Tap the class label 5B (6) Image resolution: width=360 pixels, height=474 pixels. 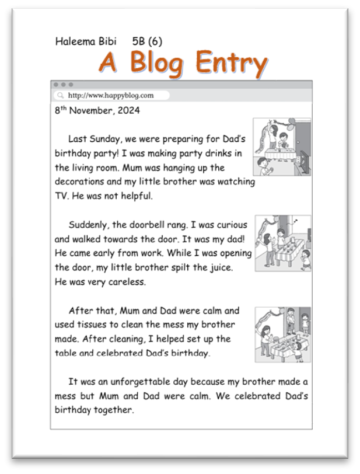147,41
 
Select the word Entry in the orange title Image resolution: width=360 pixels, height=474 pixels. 231,62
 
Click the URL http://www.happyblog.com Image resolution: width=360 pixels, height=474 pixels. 111,95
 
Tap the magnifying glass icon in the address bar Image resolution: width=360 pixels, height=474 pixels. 60,95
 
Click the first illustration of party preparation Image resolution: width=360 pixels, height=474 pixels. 281,147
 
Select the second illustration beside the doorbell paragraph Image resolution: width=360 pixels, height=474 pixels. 282,243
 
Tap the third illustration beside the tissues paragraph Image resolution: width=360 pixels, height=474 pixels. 282,334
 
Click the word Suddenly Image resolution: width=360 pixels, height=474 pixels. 88,225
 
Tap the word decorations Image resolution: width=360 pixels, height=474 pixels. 81,182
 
